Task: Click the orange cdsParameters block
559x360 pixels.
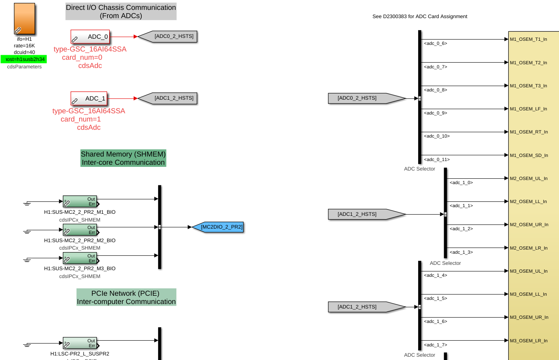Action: tap(24, 19)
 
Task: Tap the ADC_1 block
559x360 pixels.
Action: tap(89, 98)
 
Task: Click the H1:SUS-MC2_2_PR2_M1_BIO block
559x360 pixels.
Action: tap(80, 202)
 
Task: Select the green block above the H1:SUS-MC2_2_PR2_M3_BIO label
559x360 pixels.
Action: tap(80, 258)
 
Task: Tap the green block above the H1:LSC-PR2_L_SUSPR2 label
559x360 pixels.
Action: tap(80, 343)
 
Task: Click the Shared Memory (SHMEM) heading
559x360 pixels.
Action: tap(123, 158)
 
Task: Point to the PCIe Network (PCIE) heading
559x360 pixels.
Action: tap(126, 297)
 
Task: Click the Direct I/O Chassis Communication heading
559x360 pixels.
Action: tap(121, 12)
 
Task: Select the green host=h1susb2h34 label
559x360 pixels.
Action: tap(24, 59)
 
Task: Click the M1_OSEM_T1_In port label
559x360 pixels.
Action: tap(528, 40)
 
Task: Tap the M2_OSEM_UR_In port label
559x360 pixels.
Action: tap(529, 225)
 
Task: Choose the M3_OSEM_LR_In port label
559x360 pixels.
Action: tap(529, 341)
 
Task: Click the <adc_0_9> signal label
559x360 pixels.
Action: tap(435, 113)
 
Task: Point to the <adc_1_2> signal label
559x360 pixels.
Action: tap(461, 229)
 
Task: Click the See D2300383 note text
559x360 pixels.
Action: tap(419, 16)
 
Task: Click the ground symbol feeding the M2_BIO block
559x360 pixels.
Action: tap(27, 231)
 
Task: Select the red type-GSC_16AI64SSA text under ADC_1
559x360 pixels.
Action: tap(89, 111)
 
